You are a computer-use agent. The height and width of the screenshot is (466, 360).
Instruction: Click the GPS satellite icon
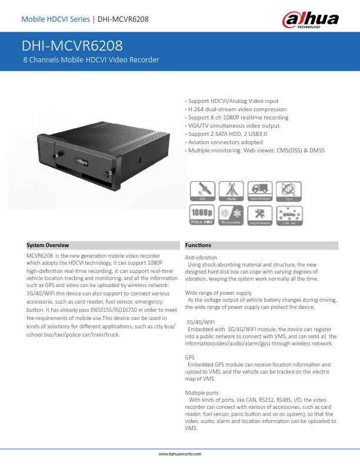[x=202, y=192]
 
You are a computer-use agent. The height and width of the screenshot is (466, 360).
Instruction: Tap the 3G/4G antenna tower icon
[x=231, y=192]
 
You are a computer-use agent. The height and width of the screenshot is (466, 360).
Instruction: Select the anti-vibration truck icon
[x=259, y=192]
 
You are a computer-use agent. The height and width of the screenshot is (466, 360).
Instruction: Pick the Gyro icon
[x=288, y=192]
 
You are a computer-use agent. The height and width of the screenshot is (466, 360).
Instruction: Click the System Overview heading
[x=48, y=245]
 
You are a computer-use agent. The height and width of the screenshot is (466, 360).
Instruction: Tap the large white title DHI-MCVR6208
[x=72, y=46]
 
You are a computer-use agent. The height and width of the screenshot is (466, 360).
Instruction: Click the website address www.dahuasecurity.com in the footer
[x=180, y=455]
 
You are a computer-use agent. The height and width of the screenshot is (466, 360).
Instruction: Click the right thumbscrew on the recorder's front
[x=108, y=174]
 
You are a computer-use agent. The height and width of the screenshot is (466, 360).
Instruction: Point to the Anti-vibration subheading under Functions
[x=201, y=258]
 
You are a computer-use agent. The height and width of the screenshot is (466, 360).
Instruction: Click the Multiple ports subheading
[x=202, y=392]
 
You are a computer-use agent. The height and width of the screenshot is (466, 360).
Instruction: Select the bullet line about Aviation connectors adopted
[x=216, y=142]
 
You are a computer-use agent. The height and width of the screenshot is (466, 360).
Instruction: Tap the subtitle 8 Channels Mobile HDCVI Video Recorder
[x=91, y=60]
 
